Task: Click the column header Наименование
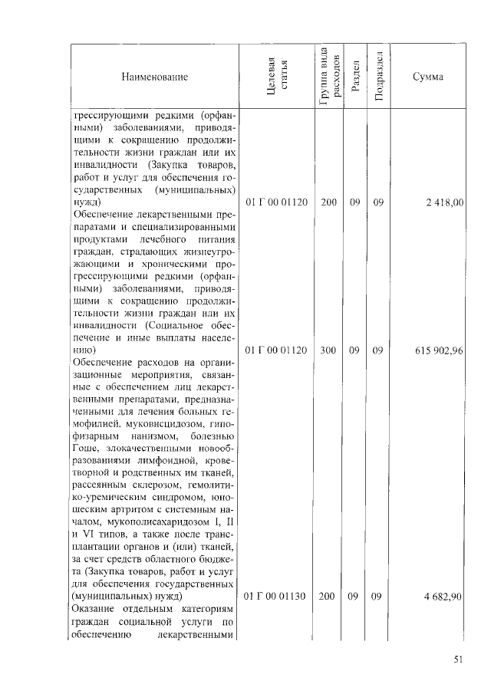pos(153,77)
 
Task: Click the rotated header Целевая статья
pos(276,77)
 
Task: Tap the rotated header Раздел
pos(354,77)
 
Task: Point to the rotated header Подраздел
pos(378,77)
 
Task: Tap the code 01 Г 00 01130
pos(275,597)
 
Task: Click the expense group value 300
pos(328,350)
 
